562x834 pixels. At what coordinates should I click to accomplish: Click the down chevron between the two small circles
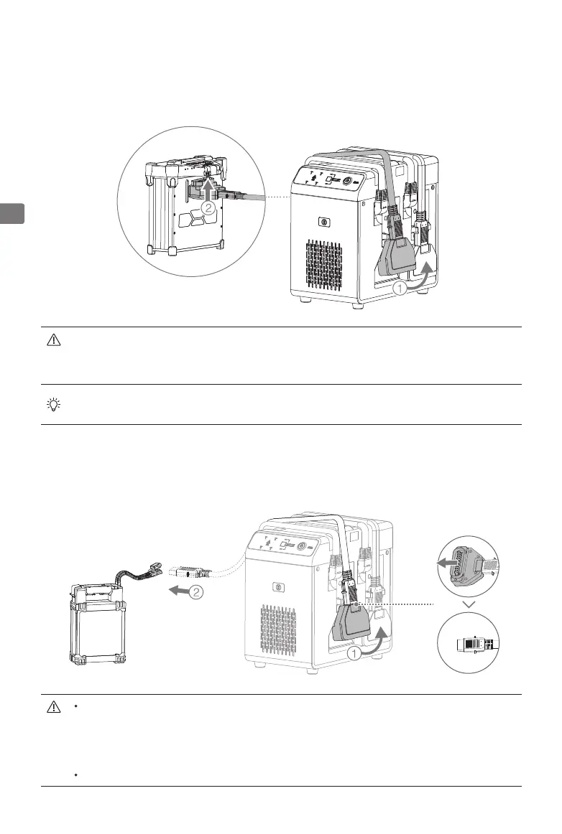tap(470, 606)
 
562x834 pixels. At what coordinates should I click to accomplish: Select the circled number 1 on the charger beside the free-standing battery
tap(354, 653)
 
